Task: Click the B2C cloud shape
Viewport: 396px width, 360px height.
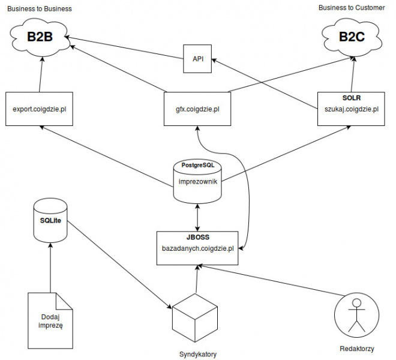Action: click(352, 37)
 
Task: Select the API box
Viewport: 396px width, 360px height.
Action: click(197, 59)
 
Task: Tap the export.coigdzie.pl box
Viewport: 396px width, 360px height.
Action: click(39, 109)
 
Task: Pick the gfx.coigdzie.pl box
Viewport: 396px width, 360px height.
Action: click(197, 109)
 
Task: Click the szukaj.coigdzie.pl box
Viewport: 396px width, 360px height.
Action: click(351, 109)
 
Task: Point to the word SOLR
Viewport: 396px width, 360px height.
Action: click(351, 97)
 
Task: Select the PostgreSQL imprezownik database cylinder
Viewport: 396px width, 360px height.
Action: click(197, 180)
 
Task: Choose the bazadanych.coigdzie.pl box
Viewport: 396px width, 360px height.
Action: click(197, 248)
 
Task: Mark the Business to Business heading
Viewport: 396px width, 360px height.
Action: click(39, 9)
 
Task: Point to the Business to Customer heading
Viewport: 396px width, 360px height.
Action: click(352, 8)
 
